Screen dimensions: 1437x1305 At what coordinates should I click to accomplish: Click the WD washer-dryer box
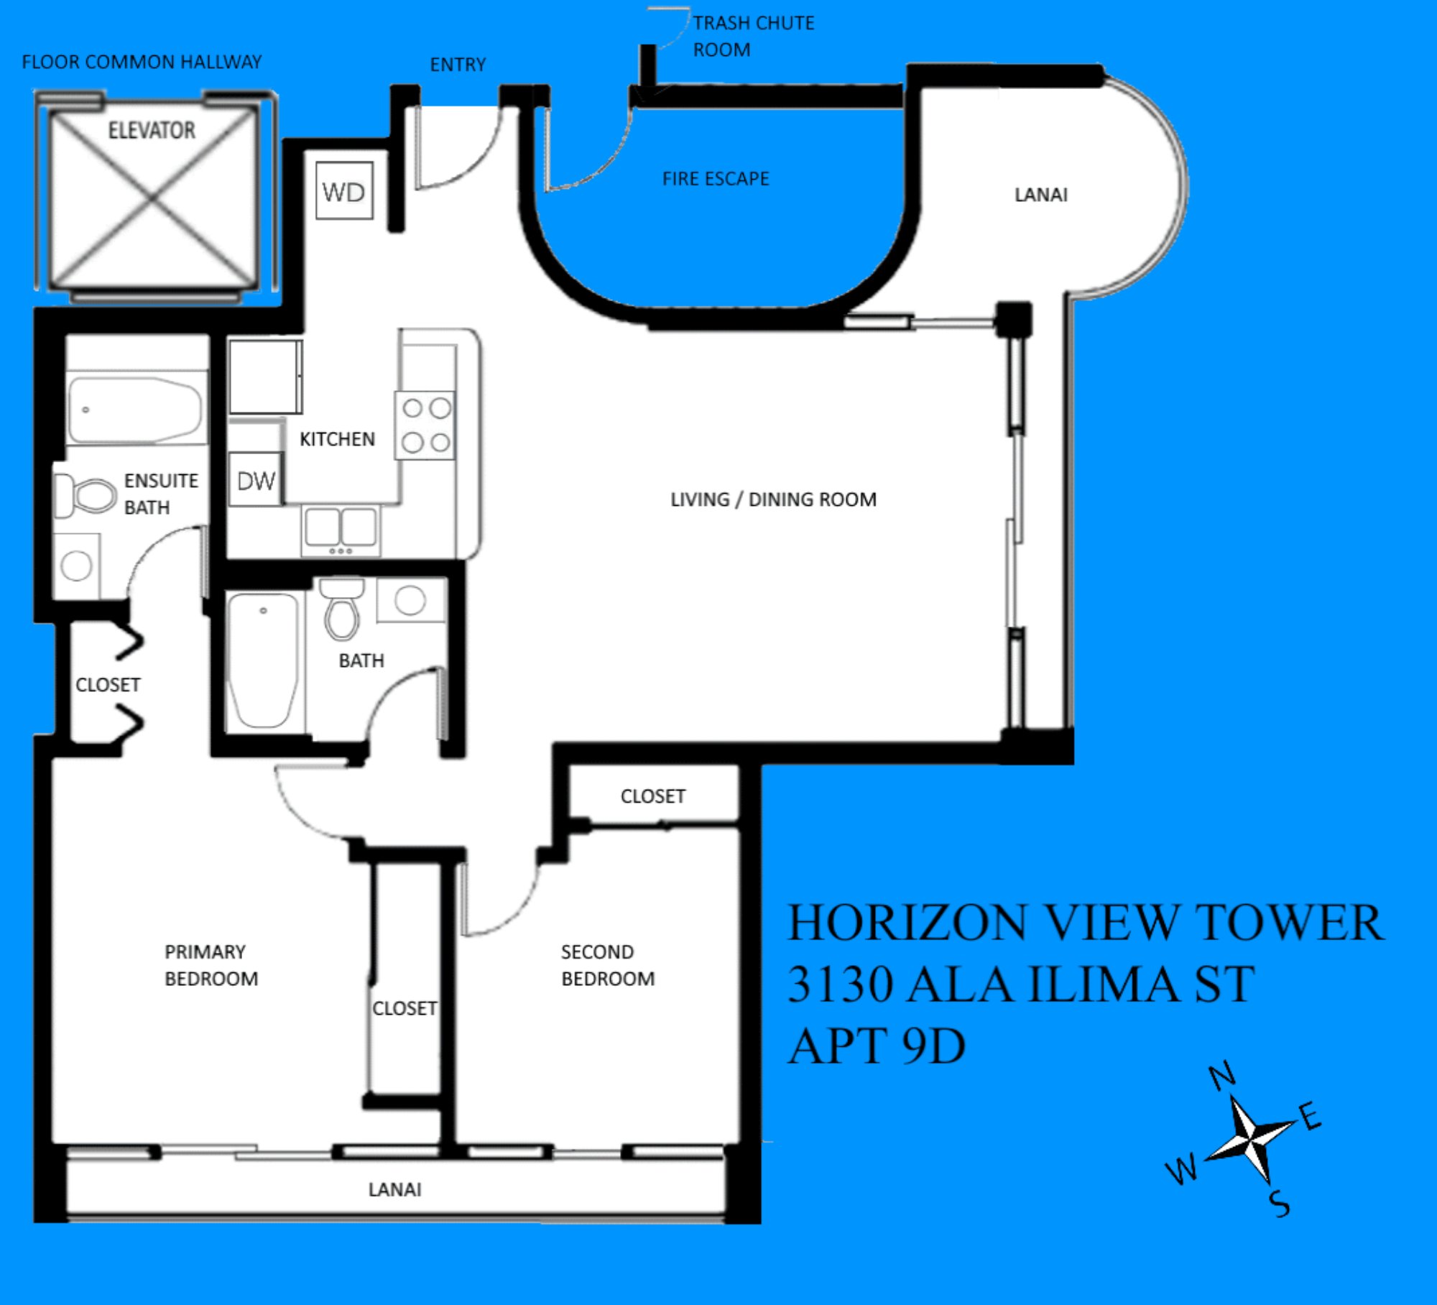coord(344,190)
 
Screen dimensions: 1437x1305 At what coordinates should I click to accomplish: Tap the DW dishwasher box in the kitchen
coord(256,479)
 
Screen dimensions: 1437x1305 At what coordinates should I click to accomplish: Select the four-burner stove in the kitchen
coord(425,425)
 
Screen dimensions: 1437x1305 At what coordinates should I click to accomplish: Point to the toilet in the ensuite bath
coord(86,495)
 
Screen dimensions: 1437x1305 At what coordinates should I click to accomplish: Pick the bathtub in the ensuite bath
coord(137,409)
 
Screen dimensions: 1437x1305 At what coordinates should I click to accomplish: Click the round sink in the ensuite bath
coord(76,566)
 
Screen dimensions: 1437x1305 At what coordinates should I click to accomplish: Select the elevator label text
coord(152,130)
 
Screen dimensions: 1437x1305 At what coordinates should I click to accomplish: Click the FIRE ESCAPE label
coord(716,178)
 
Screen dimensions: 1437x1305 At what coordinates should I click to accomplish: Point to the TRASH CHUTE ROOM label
coord(754,36)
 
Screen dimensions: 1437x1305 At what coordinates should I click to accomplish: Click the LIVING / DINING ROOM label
coord(773,499)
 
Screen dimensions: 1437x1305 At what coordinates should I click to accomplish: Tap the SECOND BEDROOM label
coord(608,965)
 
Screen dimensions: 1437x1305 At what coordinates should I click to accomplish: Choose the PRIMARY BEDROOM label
coord(211,965)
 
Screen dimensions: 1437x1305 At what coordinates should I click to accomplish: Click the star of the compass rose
coord(1250,1138)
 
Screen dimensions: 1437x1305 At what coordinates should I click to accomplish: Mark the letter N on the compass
coord(1221,1076)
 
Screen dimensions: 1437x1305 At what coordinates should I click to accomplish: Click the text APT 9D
coord(877,1046)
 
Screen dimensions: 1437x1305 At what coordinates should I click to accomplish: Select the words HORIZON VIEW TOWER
coord(1086,923)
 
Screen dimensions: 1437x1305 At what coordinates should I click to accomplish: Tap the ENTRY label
coord(458,65)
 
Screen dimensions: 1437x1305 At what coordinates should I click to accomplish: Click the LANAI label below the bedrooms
coord(394,1189)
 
